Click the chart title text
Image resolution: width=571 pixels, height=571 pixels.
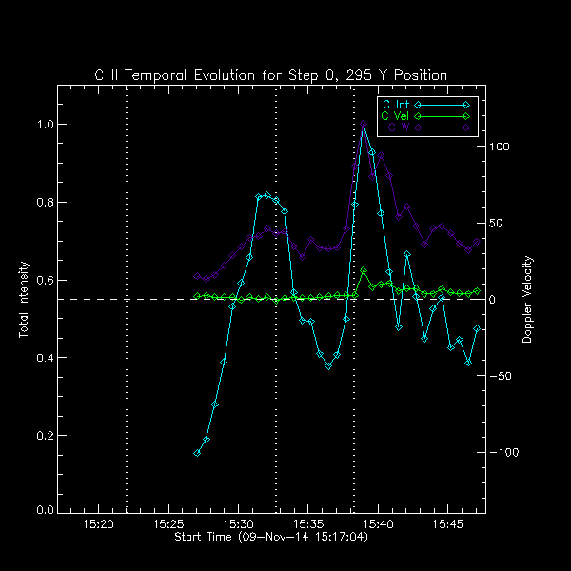270,75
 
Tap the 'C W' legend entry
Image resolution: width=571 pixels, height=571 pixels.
400,127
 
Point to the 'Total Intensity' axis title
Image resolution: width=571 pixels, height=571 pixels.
24,299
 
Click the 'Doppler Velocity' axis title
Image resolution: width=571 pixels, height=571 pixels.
527,299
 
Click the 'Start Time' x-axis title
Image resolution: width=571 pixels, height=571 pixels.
270,538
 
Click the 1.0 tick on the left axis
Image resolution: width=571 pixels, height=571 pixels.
43,125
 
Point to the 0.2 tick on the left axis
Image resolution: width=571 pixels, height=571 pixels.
43,435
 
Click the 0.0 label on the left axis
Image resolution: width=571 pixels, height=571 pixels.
43,512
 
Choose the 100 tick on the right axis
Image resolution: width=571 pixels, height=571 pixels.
501,147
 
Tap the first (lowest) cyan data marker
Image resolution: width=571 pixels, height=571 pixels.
197,453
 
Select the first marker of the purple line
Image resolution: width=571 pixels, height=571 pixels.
197,277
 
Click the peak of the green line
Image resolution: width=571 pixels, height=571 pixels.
364,271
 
